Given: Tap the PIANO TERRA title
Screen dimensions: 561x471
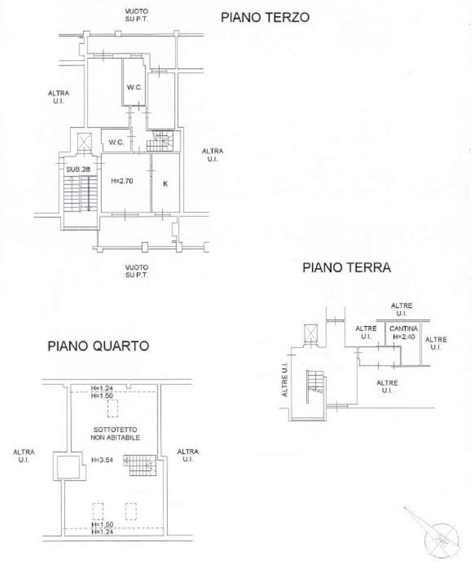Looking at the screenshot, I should [347, 268].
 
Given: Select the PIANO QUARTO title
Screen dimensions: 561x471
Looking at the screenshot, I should [98, 346].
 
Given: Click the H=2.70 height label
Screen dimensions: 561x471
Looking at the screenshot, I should [122, 181].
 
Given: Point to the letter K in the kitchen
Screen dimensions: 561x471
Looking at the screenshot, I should [165, 184].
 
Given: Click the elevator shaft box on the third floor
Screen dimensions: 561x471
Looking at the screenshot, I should [85, 142].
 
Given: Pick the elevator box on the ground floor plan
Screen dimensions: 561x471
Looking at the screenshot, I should [310, 334].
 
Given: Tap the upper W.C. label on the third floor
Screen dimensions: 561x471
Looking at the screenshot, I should [134, 88].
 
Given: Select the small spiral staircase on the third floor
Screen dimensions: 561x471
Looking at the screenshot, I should [161, 141].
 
